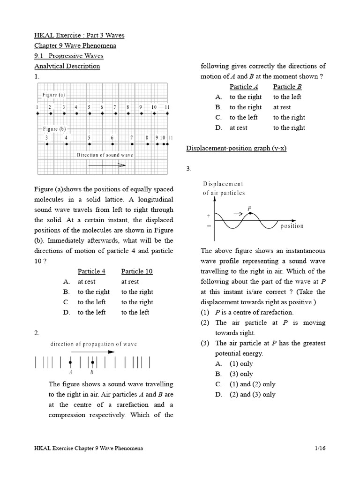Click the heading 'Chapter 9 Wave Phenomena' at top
pos(75,45)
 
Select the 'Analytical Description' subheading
pos(67,66)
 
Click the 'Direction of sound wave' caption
pos(105,155)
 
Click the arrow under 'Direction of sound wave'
pos(107,165)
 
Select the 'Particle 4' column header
pos(91,271)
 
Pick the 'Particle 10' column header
pos(136,271)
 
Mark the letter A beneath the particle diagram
pos(70,373)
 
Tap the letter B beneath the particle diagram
pos(92,373)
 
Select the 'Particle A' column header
pos(244,87)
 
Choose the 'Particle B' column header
pos(287,87)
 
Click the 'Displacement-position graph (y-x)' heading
pos(236,148)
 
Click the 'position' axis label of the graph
pos(292,226)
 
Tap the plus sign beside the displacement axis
pos(209,216)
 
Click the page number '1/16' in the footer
pos(320,448)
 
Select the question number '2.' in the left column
pos(37,333)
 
